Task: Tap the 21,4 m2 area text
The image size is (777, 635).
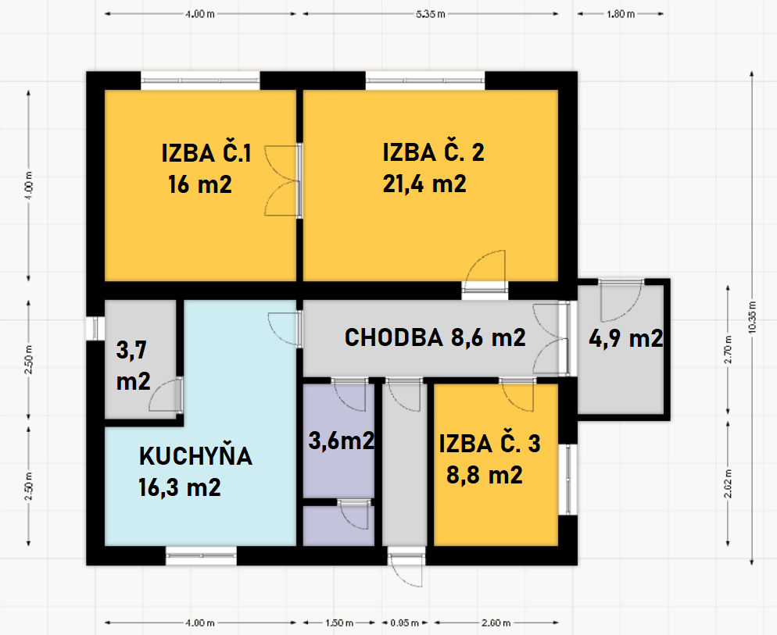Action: click(424, 184)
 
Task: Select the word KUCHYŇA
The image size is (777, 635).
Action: click(195, 455)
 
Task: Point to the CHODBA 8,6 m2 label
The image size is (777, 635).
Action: click(435, 338)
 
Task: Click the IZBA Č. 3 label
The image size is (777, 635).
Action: click(489, 443)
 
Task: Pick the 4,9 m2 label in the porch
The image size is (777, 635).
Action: click(626, 339)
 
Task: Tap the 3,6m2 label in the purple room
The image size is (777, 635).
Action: click(341, 441)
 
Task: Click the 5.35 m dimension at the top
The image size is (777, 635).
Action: click(431, 14)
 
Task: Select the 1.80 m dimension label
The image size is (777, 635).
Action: click(621, 14)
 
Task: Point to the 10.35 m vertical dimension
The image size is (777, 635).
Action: click(752, 317)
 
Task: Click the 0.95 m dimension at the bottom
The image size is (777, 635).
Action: click(404, 623)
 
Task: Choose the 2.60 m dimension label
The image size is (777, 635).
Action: click(496, 623)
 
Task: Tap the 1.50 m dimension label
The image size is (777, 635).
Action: click(339, 623)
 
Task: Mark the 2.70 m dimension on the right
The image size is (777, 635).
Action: click(729, 350)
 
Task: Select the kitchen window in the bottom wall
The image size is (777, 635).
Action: click(201, 556)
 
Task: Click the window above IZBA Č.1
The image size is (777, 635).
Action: click(200, 80)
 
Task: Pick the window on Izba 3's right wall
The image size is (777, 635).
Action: click(568, 480)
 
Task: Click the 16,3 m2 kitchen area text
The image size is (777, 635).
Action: click(179, 487)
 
